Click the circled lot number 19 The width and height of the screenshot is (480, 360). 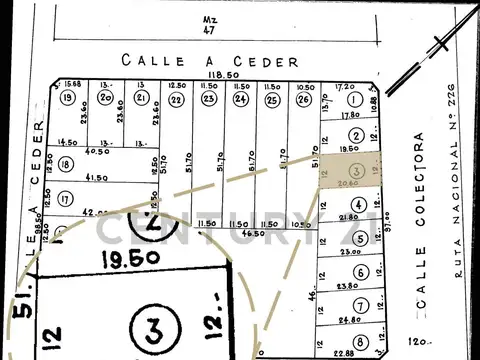67,99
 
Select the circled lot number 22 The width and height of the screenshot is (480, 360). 176,100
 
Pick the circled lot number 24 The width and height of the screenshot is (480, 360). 241,100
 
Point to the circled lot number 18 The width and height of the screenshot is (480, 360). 67,165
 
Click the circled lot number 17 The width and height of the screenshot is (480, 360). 65,198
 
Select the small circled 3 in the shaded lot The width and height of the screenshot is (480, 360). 357,169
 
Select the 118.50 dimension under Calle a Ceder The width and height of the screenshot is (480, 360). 207,75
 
